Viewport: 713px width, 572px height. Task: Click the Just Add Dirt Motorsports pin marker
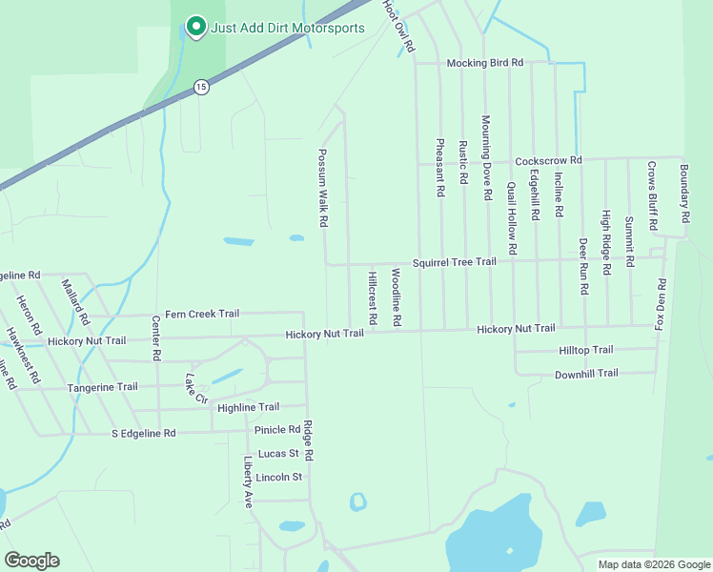195,27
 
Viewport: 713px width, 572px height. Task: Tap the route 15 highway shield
200,87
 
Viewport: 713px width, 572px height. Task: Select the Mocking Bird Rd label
485,63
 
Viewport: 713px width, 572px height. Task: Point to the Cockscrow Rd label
547,161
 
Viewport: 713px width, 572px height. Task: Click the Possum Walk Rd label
323,187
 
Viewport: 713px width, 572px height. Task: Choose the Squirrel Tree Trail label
454,262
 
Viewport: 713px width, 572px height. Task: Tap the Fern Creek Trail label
201,314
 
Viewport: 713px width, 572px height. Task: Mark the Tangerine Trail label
102,387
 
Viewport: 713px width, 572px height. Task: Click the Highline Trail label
248,407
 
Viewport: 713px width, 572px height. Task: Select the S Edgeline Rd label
144,433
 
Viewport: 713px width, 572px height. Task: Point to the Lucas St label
278,454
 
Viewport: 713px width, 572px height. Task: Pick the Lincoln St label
278,477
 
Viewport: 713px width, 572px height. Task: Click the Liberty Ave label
248,481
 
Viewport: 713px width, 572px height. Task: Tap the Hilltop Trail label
584,351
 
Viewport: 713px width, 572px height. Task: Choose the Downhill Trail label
586,374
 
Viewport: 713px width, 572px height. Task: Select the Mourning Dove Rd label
486,156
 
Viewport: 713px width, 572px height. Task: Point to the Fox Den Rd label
660,304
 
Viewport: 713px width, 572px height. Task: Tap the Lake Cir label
195,387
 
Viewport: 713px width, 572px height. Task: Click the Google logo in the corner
31,561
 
